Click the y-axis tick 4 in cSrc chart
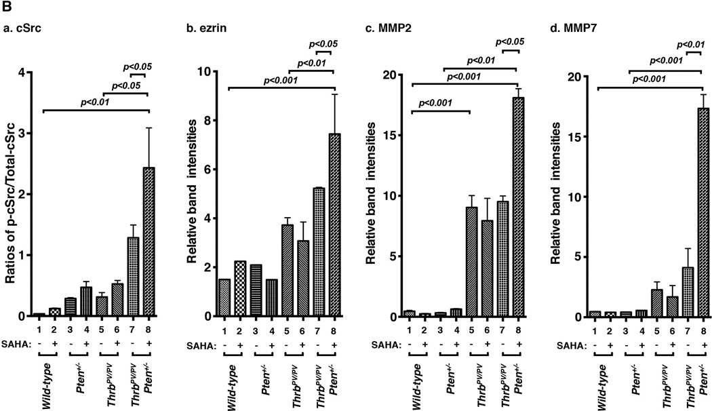point(23,73)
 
